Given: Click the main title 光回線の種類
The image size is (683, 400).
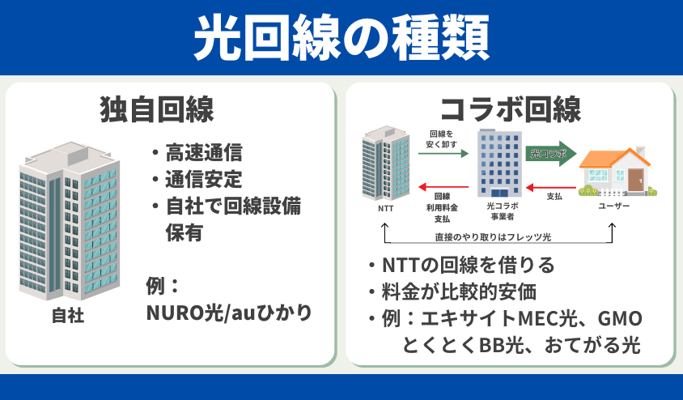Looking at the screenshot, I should [341, 37].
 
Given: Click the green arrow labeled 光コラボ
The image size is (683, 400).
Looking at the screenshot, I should [551, 153].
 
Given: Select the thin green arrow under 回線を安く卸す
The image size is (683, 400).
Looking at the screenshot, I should [443, 153].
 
